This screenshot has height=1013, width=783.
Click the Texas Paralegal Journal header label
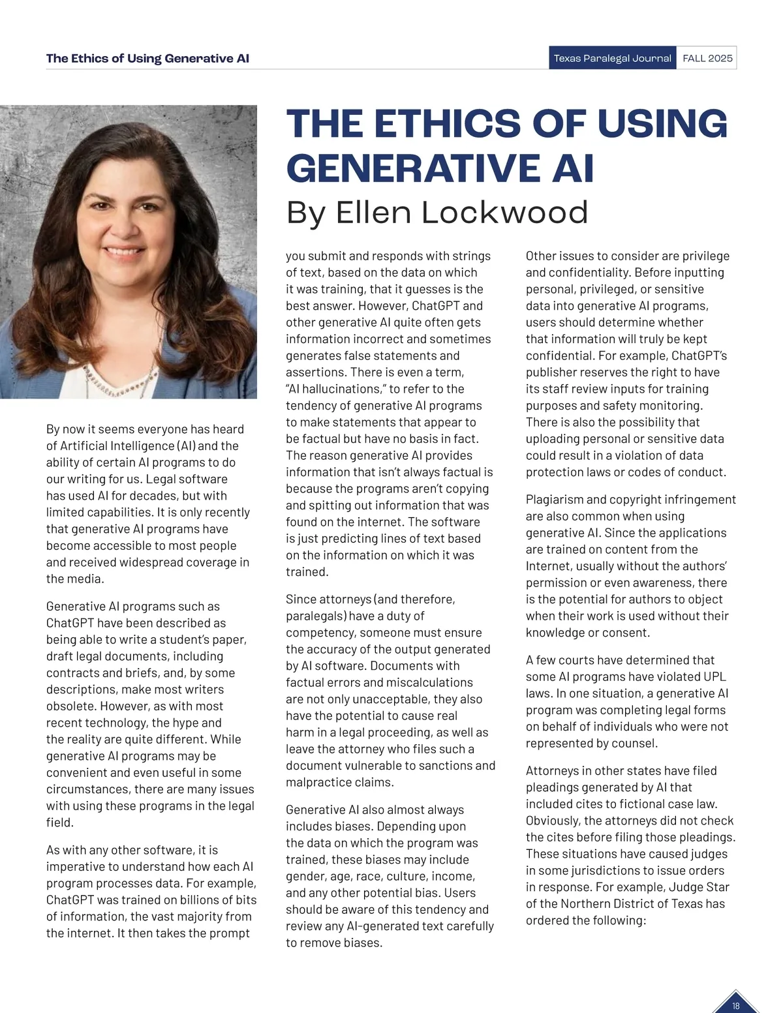(x=612, y=58)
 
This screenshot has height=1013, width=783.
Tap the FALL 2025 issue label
(x=707, y=58)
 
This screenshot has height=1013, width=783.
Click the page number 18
(x=735, y=1006)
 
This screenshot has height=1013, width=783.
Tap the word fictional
(x=656, y=804)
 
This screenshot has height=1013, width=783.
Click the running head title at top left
(x=147, y=58)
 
